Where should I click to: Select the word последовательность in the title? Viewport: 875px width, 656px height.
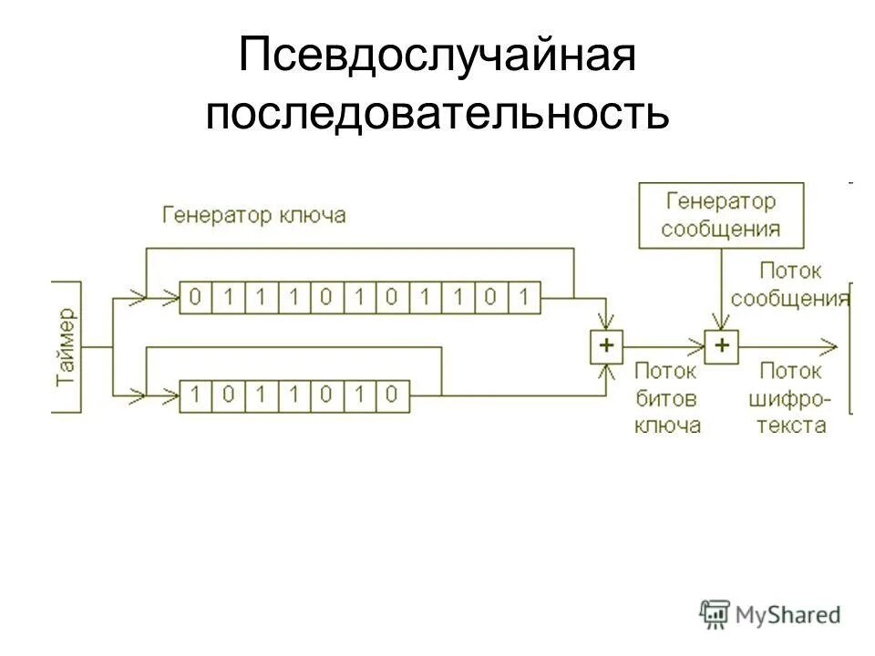(437, 116)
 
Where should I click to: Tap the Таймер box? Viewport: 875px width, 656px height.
(68, 347)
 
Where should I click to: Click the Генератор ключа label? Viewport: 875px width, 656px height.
(254, 216)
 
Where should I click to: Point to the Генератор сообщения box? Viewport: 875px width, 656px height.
(721, 215)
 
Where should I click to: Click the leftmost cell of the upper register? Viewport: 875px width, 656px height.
(195, 296)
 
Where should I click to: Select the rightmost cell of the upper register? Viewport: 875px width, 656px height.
(524, 296)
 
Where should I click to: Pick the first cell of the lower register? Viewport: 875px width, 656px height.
(195, 395)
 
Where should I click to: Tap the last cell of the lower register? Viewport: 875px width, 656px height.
(393, 395)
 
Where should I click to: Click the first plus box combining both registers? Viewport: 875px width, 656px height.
(606, 346)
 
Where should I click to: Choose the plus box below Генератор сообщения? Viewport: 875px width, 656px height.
(722, 346)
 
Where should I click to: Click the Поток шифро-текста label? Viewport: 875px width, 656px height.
(789, 398)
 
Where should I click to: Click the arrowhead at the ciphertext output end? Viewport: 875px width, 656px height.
(829, 346)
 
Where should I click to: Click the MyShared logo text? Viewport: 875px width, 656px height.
(789, 615)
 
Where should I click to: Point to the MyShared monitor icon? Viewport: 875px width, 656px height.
(715, 614)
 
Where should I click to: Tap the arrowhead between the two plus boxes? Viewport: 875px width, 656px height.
(697, 346)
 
